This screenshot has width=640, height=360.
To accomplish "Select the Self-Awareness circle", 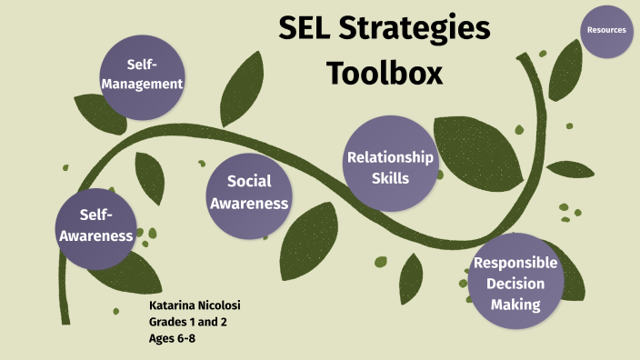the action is tap(96, 226).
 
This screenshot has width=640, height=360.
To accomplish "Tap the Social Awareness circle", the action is tap(249, 192).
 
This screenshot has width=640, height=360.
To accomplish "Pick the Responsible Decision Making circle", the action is tap(516, 282).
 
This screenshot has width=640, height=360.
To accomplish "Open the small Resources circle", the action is tap(606, 30).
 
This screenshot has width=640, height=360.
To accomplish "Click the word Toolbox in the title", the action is tap(385, 72).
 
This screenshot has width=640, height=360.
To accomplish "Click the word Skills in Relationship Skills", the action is tap(391, 178).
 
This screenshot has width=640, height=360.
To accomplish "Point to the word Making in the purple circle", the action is tap(516, 305).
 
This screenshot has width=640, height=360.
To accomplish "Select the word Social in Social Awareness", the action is tap(250, 182).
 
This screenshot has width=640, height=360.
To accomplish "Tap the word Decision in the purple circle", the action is tap(516, 284).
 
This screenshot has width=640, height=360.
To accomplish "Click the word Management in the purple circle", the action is tap(143, 85).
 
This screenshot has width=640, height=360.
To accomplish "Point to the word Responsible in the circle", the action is tap(516, 264).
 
